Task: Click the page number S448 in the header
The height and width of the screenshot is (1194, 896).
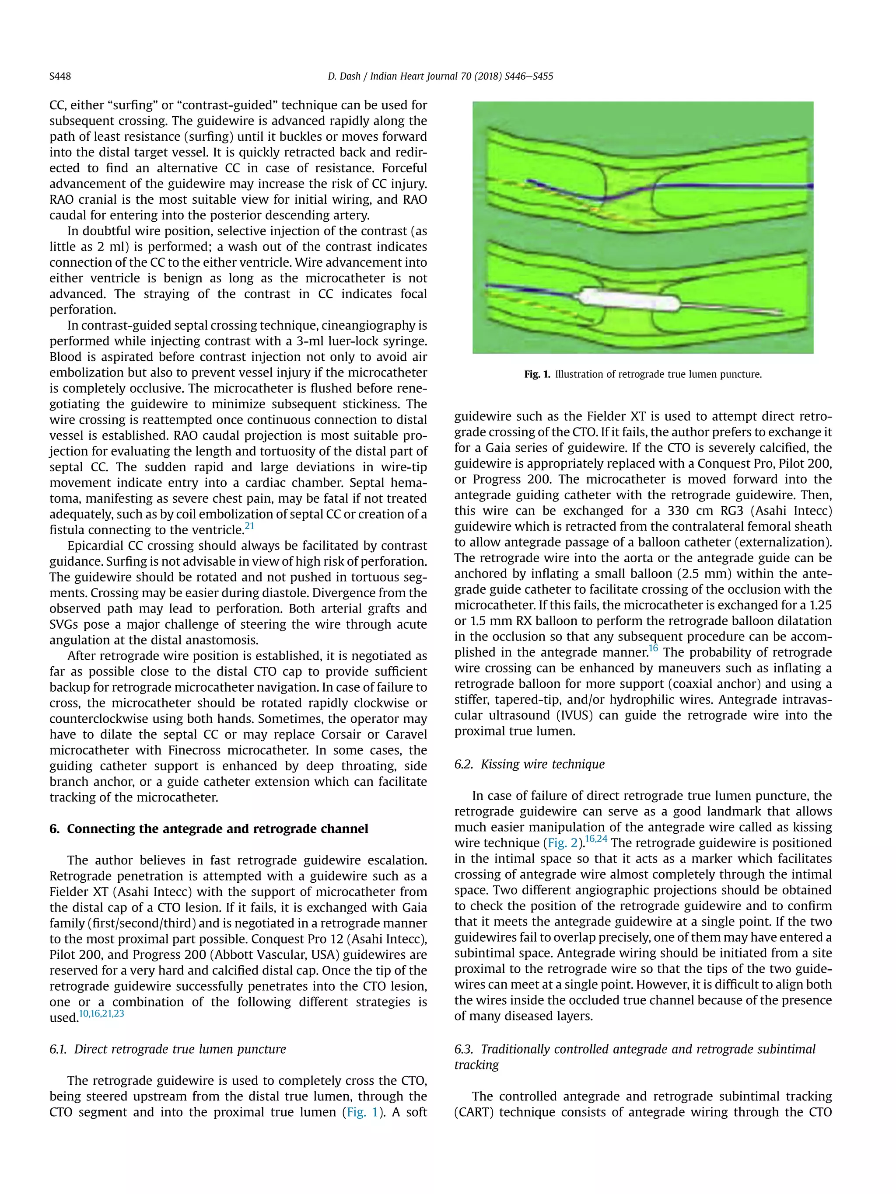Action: [x=60, y=77]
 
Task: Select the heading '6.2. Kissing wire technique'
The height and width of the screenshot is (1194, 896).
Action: [x=529, y=764]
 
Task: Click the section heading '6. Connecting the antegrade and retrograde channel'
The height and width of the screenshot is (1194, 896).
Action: [x=209, y=828]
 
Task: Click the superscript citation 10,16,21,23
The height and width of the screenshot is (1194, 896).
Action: [x=101, y=1013]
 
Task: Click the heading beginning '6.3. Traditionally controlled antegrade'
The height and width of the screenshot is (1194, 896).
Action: [x=635, y=1049]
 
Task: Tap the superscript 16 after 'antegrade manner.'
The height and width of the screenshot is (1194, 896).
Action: [x=654, y=648]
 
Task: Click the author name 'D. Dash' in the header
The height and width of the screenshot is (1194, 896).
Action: [x=343, y=77]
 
